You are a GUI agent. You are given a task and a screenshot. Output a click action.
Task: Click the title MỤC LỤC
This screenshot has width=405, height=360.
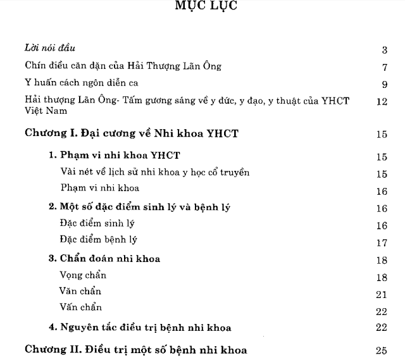pyautogui.click(x=202, y=8)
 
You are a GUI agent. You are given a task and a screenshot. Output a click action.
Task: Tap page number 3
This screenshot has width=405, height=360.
pyautogui.click(x=384, y=49)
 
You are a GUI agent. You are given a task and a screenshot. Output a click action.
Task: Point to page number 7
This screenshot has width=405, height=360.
pyautogui.click(x=384, y=67)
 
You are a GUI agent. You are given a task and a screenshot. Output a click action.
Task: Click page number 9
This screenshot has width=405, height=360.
pyautogui.click(x=384, y=84)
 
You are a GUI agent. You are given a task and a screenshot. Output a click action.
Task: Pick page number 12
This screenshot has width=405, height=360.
pyautogui.click(x=381, y=101)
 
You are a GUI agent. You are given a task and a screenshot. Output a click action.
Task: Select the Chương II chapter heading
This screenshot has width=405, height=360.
pyautogui.click(x=135, y=349)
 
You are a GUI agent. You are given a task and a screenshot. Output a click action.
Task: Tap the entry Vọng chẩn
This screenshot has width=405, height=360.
pyautogui.click(x=83, y=275)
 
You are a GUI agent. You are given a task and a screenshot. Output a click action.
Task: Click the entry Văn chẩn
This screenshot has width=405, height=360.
pyautogui.click(x=80, y=292)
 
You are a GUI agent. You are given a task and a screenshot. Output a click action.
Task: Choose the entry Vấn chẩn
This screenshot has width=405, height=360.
pyautogui.click(x=80, y=309)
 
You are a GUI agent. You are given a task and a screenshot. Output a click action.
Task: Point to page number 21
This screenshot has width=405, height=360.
pyautogui.click(x=381, y=294)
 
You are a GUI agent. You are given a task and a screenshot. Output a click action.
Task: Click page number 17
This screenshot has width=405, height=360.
pyautogui.click(x=381, y=242)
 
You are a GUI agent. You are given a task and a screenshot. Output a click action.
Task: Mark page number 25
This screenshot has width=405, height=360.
pyautogui.click(x=381, y=350)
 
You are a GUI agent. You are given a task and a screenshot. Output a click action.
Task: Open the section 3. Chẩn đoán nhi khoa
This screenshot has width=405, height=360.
pyautogui.click(x=104, y=258)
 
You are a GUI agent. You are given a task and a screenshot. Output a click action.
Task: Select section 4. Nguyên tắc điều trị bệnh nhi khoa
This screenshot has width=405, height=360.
pyautogui.click(x=140, y=327)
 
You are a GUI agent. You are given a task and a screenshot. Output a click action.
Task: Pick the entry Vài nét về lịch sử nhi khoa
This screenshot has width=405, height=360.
pyautogui.click(x=155, y=173)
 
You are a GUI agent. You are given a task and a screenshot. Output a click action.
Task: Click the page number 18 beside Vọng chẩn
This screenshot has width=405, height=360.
pyautogui.click(x=381, y=277)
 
